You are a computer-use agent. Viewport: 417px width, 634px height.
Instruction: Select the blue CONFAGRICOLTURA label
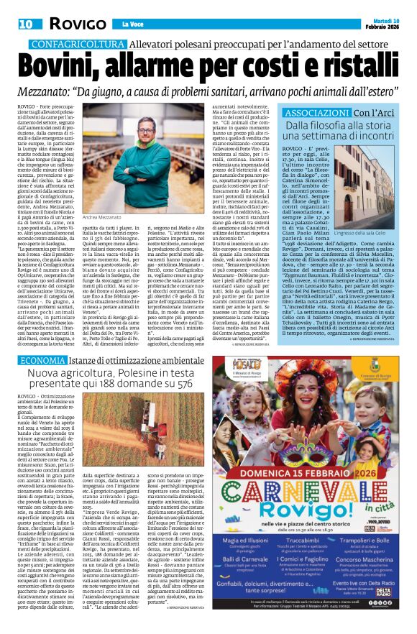(71, 45)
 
